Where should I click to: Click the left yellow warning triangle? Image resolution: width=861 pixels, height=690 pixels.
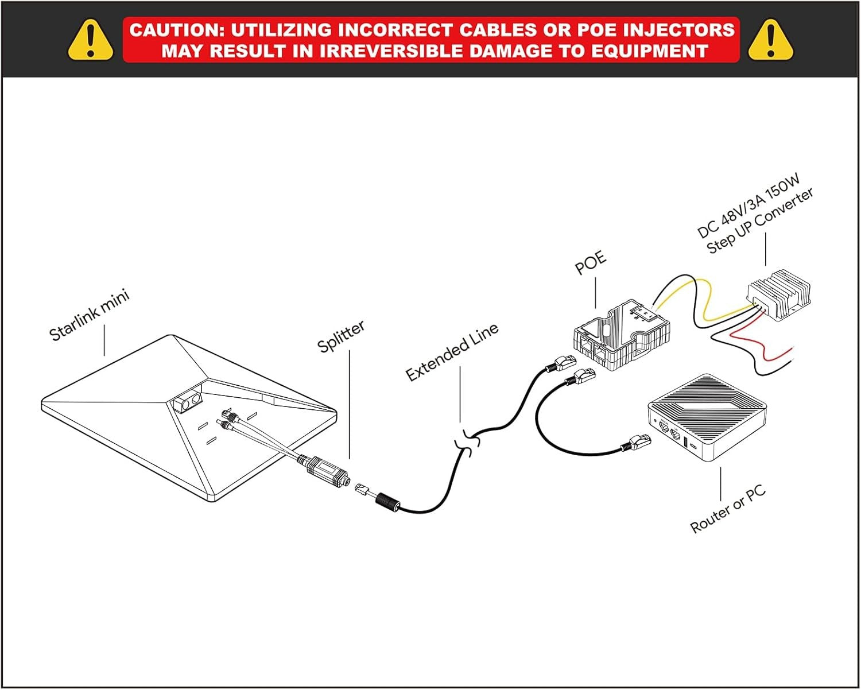pos(90,40)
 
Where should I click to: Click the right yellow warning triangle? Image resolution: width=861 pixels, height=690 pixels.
pos(770,40)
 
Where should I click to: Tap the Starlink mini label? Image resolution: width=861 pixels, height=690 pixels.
pos(90,315)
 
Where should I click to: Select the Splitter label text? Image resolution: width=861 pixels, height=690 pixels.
pos(341,336)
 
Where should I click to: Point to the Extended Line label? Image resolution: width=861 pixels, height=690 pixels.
pos(452,351)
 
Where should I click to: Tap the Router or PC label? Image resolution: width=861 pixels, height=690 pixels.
pos(727,509)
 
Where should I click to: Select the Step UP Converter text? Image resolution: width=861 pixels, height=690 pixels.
pos(760,222)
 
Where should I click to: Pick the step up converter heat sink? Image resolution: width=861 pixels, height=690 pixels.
pos(781,293)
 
